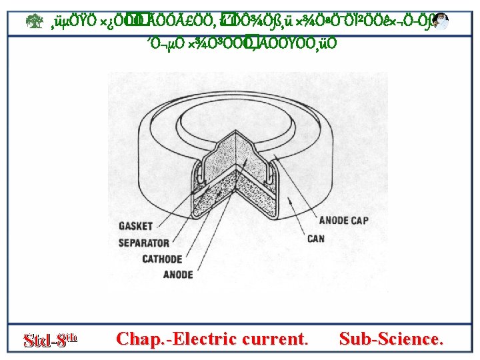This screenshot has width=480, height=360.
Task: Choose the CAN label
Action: pos(316,238)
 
